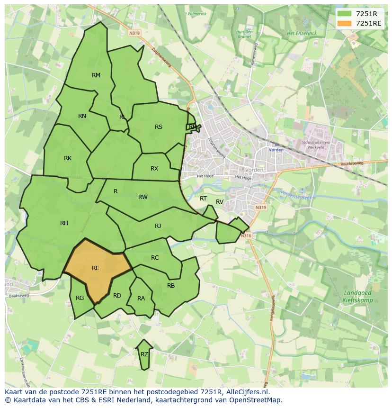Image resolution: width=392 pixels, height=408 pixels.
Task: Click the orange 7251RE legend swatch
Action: point(345,23)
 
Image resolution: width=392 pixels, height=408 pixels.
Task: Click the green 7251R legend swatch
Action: point(345,14)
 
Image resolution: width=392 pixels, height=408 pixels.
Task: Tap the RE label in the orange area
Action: point(96,268)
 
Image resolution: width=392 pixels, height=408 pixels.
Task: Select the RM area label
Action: point(96,75)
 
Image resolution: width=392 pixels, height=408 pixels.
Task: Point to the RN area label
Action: point(82,116)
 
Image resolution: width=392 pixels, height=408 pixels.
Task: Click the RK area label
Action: point(68,158)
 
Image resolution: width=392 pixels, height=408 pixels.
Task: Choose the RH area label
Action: point(64,223)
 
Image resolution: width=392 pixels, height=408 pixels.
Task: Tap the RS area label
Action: point(159,127)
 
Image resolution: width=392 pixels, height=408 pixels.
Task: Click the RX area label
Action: point(154,169)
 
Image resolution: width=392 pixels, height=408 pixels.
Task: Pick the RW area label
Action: point(143,197)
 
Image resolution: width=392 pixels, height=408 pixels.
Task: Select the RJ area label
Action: point(158,226)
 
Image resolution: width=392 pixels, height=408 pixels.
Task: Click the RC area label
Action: point(155,258)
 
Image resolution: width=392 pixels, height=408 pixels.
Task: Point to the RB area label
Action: point(171,286)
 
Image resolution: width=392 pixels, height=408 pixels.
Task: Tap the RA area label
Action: point(141,299)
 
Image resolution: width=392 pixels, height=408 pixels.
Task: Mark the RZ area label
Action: point(144,354)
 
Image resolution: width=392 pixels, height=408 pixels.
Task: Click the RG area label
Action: point(80,298)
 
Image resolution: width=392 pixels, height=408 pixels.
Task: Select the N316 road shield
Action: point(245,236)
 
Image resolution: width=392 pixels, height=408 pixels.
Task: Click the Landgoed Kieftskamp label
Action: point(357,297)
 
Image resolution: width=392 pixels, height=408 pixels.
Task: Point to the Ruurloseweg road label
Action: point(351,165)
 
